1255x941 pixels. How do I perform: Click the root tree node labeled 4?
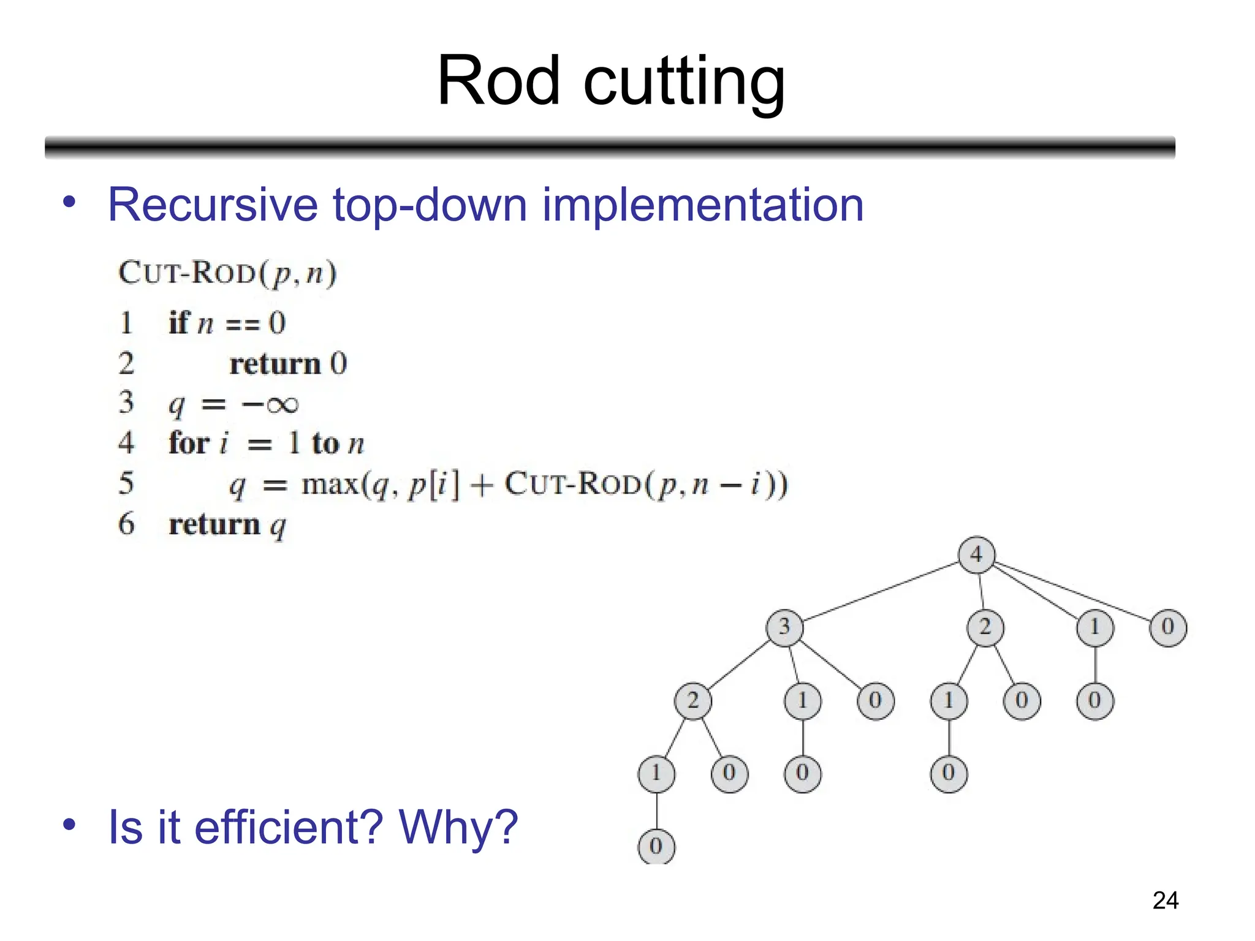[x=976, y=555]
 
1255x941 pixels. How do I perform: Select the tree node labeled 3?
[x=784, y=627]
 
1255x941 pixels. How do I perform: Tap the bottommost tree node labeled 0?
[x=656, y=847]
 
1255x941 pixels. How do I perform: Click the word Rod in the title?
[x=498, y=81]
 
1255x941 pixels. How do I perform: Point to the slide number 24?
[x=1165, y=901]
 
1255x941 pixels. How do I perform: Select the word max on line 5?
[x=330, y=485]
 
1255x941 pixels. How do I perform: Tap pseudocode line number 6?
[x=126, y=524]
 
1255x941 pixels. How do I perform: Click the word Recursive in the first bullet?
[x=212, y=205]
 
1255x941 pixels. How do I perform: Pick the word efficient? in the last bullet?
[x=289, y=827]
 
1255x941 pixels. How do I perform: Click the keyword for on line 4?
[x=189, y=443]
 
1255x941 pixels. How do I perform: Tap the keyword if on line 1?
[x=179, y=323]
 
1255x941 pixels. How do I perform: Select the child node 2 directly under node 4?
[x=985, y=627]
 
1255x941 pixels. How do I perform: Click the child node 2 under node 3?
[x=692, y=700]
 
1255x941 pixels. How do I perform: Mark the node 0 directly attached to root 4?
[x=1167, y=627]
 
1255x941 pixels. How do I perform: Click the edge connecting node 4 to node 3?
[x=881, y=591]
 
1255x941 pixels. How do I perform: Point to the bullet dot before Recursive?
[x=69, y=202]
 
